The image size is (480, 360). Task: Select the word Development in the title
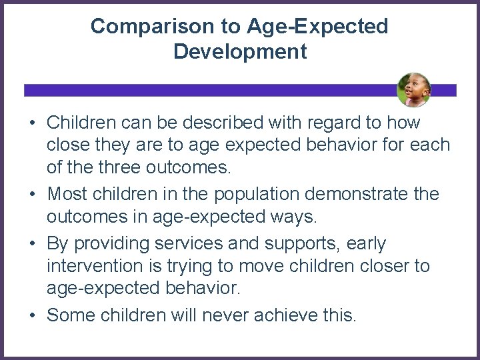click(x=240, y=52)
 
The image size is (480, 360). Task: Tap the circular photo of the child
click(x=413, y=90)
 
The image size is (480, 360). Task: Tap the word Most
click(x=70, y=194)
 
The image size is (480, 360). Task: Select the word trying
click(x=196, y=265)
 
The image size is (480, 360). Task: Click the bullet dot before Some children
click(x=32, y=315)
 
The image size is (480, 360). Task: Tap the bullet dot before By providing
click(x=32, y=245)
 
